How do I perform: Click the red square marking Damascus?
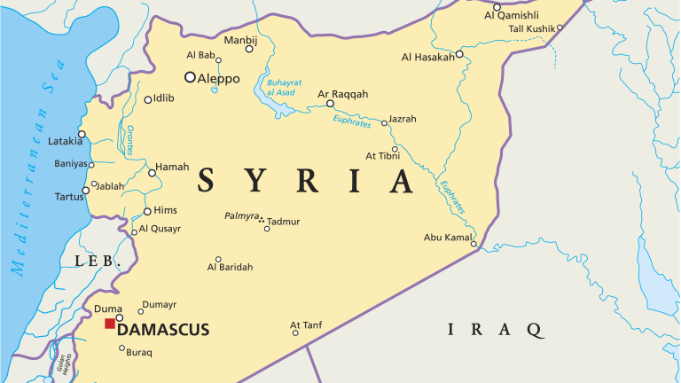[109, 324]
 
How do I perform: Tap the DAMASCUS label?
[163, 330]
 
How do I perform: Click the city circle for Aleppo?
[190, 77]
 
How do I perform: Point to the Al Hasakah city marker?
[460, 55]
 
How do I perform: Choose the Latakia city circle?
[81, 136]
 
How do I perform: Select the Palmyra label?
[241, 215]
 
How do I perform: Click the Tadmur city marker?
[266, 229]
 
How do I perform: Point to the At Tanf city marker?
[295, 334]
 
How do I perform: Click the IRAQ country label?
[495, 329]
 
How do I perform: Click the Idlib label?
[164, 98]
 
